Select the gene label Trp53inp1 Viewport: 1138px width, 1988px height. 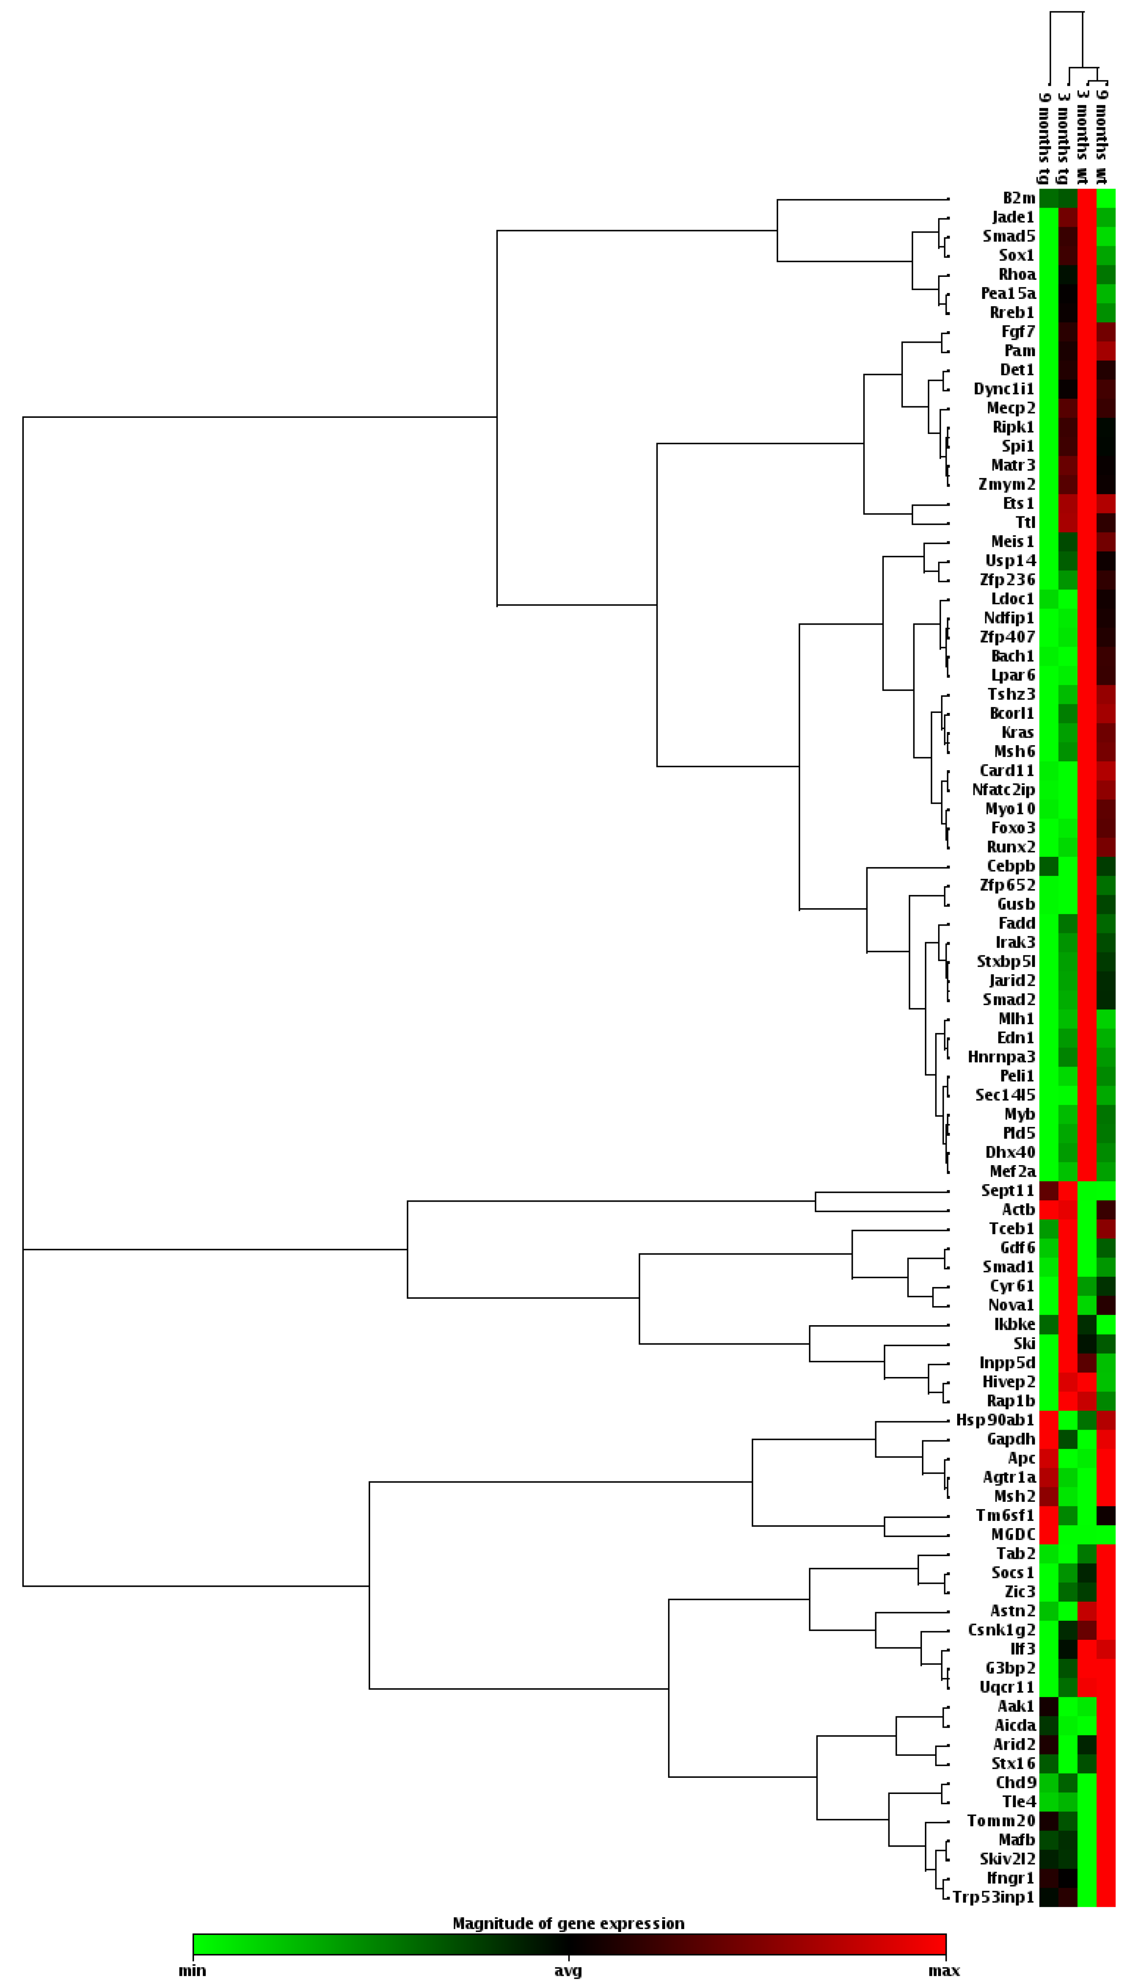point(993,1897)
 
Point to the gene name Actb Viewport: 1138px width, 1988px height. point(1018,1209)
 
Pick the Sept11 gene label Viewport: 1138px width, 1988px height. point(1007,1191)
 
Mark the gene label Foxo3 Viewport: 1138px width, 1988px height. point(1013,828)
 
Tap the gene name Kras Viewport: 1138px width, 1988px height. point(1017,732)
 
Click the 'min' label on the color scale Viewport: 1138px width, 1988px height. point(192,1971)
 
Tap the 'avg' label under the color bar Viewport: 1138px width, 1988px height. point(568,1971)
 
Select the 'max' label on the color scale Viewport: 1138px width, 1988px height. point(944,1971)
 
